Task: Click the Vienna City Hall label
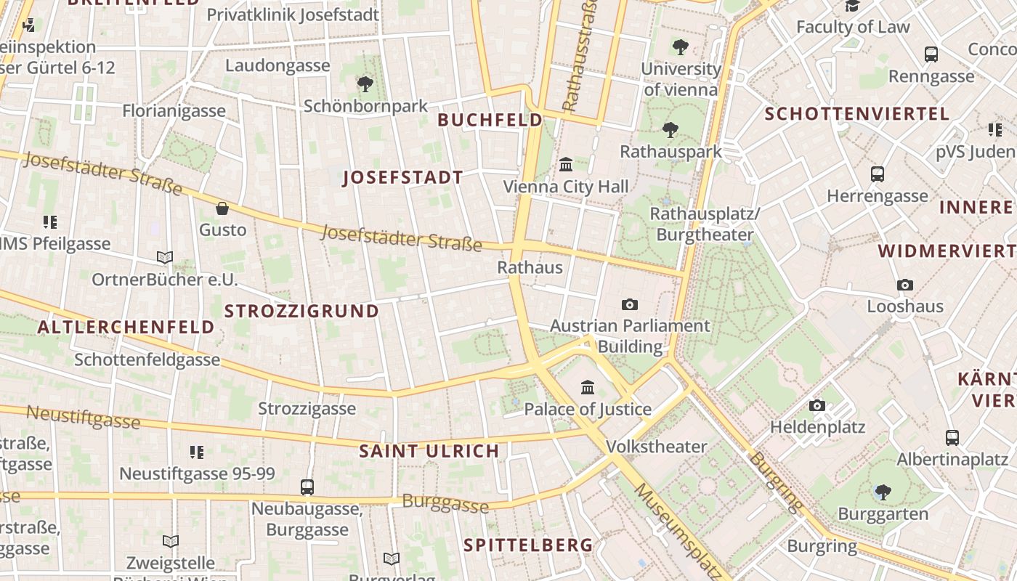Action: click(x=566, y=187)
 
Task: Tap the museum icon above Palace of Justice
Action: click(x=588, y=387)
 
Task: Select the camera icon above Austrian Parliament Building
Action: click(x=630, y=304)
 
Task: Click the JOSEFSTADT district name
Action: click(x=402, y=177)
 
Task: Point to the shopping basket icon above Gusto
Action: click(x=222, y=208)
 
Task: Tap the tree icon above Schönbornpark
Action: click(x=365, y=84)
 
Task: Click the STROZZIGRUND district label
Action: click(x=301, y=311)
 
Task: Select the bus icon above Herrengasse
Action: click(x=878, y=174)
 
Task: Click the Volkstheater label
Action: click(x=656, y=446)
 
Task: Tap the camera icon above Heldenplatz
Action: click(x=817, y=405)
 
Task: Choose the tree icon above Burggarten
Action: click(x=883, y=492)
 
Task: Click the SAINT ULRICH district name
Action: click(x=429, y=451)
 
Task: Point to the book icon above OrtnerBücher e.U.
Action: click(x=165, y=258)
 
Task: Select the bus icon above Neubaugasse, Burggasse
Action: click(x=307, y=487)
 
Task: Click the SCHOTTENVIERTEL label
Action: click(x=857, y=114)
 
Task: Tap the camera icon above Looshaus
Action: click(x=904, y=285)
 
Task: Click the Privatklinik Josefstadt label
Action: click(x=293, y=15)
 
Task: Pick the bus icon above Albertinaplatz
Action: click(x=952, y=438)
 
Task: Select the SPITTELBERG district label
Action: click(x=528, y=545)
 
